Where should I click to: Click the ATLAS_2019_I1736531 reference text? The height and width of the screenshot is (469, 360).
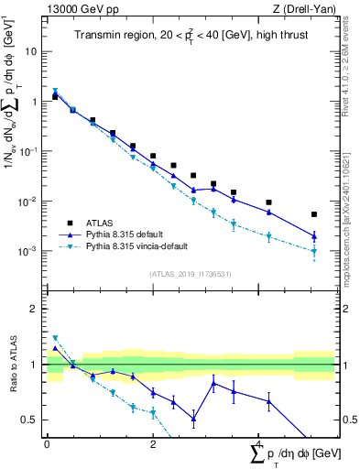pos(190,273)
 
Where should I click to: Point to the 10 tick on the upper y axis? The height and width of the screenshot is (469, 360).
pos(32,51)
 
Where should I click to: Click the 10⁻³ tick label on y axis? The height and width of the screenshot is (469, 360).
pos(28,251)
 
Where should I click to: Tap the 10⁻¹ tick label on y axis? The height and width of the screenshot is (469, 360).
pos(28,151)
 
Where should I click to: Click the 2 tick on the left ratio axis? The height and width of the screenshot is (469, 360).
pos(33,309)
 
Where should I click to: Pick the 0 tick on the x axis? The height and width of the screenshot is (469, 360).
pos(47,444)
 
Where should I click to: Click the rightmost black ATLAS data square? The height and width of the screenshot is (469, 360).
pos(314,214)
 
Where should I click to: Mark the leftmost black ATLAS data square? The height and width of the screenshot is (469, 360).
pos(55,96)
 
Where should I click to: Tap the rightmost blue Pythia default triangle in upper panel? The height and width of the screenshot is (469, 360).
pos(314,236)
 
